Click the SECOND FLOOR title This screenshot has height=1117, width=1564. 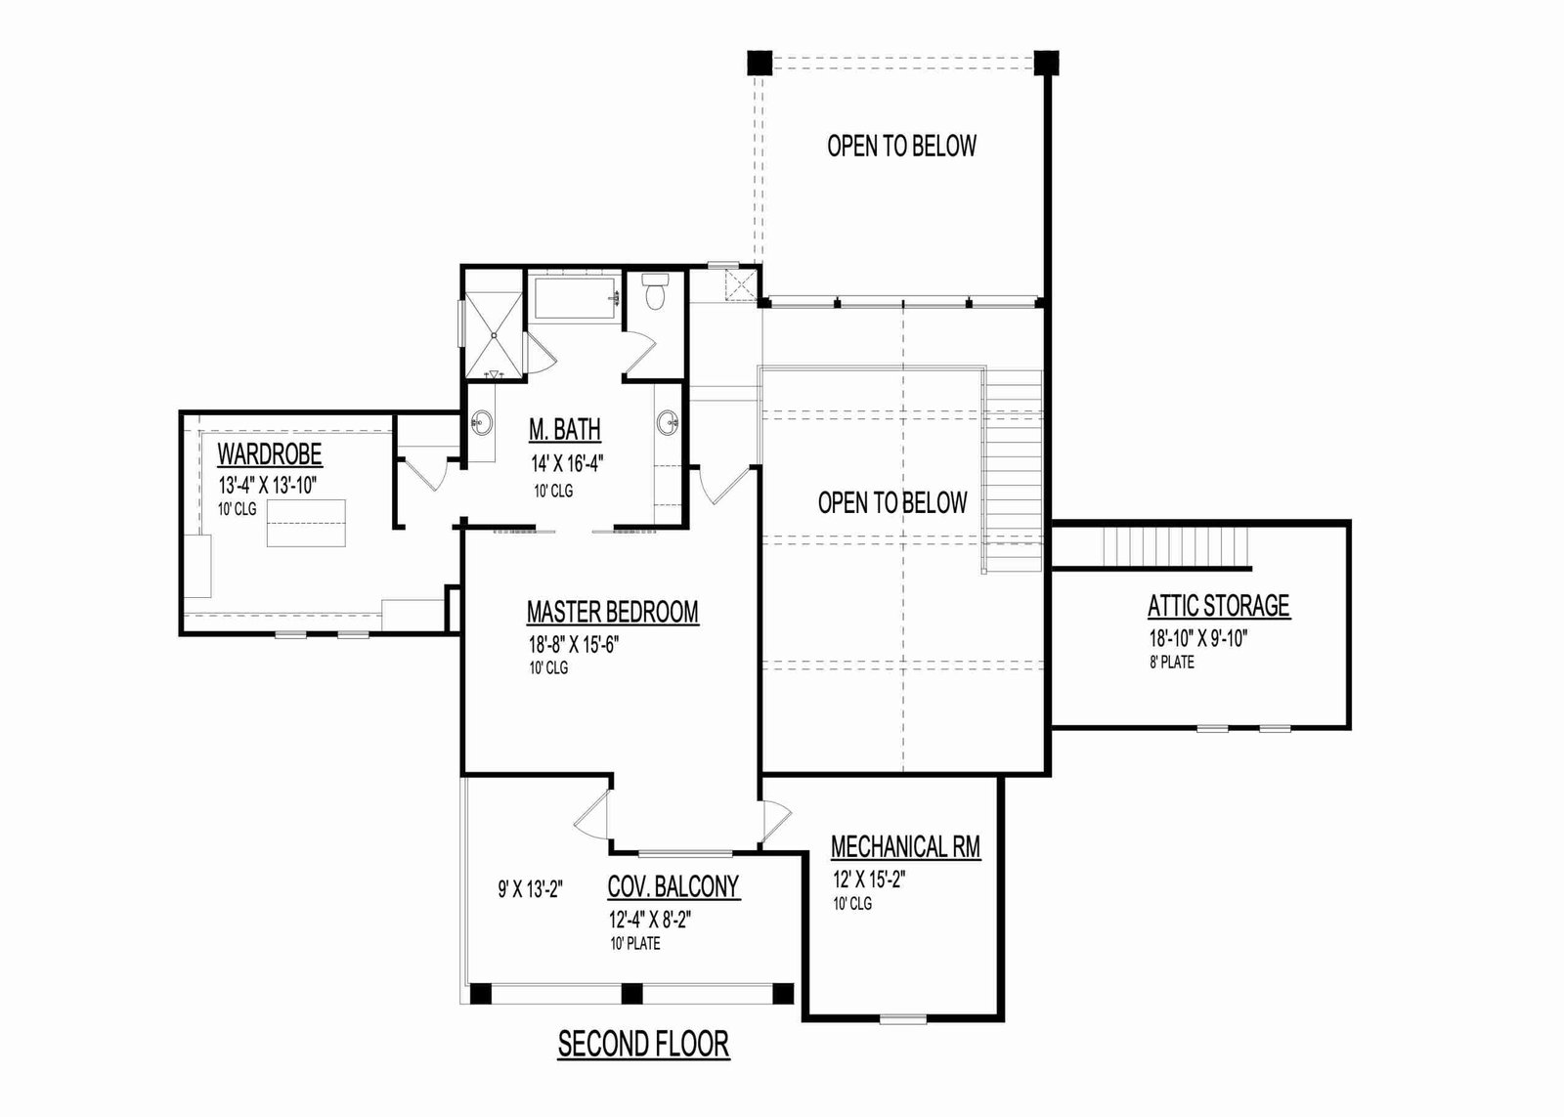643,1045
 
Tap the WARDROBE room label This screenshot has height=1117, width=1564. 270,453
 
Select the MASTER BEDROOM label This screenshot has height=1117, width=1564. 612,612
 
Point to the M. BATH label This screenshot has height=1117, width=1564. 564,429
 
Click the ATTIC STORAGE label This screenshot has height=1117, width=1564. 1218,605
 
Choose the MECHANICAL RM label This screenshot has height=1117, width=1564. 905,847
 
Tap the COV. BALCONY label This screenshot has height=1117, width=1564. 673,886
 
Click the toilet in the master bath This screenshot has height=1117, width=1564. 655,290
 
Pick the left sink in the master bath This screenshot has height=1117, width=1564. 481,422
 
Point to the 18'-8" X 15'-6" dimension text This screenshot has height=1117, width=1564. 574,644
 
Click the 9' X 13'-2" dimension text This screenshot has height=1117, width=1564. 531,889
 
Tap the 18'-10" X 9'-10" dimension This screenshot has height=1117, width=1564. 1198,638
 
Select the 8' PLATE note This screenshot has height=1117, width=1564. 1172,662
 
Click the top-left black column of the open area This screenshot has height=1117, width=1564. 760,63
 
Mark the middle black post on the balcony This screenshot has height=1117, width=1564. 631,993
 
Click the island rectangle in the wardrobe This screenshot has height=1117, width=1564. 307,523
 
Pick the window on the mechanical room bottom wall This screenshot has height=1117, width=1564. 903,1018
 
